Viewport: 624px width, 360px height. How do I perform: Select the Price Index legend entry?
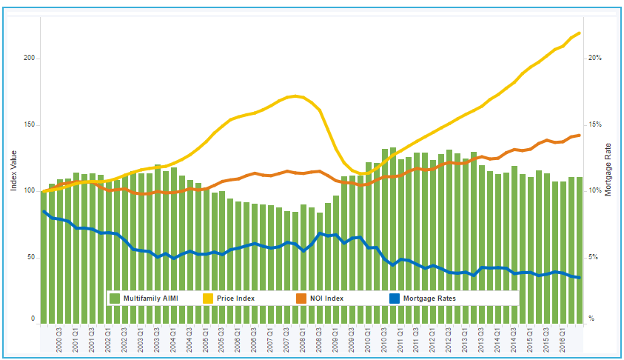coord(235,298)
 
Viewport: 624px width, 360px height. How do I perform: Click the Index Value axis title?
coord(13,171)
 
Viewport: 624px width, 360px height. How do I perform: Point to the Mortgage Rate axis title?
coord(608,170)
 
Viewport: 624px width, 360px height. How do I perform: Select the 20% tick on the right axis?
coord(594,58)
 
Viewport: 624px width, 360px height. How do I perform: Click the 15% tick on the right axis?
coord(594,124)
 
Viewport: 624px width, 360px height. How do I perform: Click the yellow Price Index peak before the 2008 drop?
coord(295,96)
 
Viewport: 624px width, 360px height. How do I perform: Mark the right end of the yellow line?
coord(579,33)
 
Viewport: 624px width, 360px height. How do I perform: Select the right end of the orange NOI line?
coord(579,135)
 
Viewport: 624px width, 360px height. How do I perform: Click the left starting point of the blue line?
coord(44,212)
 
